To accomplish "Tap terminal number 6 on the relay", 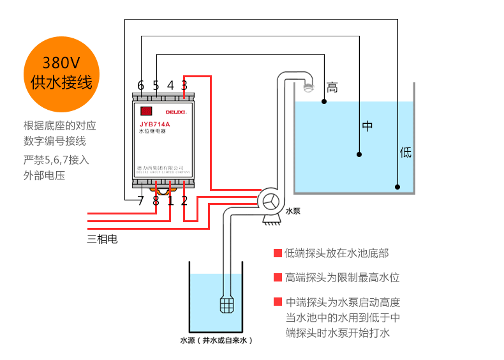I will click(141, 86).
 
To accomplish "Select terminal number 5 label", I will click(156, 86).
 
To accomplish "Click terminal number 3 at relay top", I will click(184, 86).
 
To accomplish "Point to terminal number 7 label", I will click(141, 201).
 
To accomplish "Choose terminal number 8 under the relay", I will click(156, 201).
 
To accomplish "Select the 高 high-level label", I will click(332, 87).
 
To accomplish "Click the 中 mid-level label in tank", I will click(367, 126).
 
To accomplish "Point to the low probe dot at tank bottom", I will click(397, 188).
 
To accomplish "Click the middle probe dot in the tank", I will click(359, 154).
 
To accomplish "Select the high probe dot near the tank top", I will click(325, 102).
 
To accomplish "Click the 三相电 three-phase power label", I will click(102, 239).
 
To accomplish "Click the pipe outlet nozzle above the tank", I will click(309, 87).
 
